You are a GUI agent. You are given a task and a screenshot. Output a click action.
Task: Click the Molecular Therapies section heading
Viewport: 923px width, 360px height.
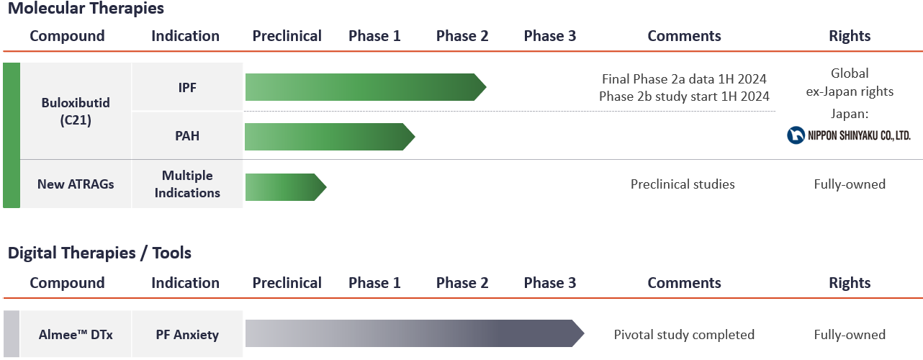(x=86, y=9)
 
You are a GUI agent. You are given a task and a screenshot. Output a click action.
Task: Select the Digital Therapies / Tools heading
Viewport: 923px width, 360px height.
(x=99, y=253)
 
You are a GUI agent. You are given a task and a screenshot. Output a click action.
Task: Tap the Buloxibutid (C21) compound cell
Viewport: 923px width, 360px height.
(x=76, y=112)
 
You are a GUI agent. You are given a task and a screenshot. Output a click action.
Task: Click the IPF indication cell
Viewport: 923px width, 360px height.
(x=187, y=87)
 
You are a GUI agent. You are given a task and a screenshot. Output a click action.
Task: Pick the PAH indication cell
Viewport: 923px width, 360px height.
(x=187, y=135)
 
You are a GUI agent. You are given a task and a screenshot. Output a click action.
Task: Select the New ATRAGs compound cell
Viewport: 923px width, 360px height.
(x=76, y=184)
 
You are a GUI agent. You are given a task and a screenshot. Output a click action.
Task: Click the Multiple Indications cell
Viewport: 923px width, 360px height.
(x=187, y=184)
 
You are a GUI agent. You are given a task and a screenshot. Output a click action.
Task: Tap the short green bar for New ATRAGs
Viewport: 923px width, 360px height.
(x=281, y=187)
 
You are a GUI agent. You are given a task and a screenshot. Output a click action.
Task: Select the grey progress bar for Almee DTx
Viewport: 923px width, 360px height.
(x=410, y=334)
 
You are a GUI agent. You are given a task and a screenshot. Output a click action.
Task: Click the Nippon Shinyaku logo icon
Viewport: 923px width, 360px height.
(x=796, y=135)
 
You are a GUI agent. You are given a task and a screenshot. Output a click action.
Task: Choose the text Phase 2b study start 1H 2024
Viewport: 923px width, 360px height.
(x=684, y=96)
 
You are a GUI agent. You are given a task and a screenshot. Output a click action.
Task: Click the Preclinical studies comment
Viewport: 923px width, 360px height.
(x=683, y=184)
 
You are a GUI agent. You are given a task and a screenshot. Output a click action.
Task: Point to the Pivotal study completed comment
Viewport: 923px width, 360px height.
(x=684, y=335)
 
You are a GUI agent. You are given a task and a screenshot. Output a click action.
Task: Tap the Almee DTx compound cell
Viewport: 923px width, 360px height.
(x=76, y=335)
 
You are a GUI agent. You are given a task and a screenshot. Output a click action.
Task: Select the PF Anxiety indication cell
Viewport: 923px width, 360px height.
(x=187, y=335)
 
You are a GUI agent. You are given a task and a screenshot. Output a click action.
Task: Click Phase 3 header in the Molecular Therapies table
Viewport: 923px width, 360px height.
(x=550, y=36)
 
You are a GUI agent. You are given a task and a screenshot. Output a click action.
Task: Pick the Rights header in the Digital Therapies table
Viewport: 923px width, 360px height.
(x=850, y=283)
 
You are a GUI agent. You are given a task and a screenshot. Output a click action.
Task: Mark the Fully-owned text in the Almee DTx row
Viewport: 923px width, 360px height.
(x=850, y=335)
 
